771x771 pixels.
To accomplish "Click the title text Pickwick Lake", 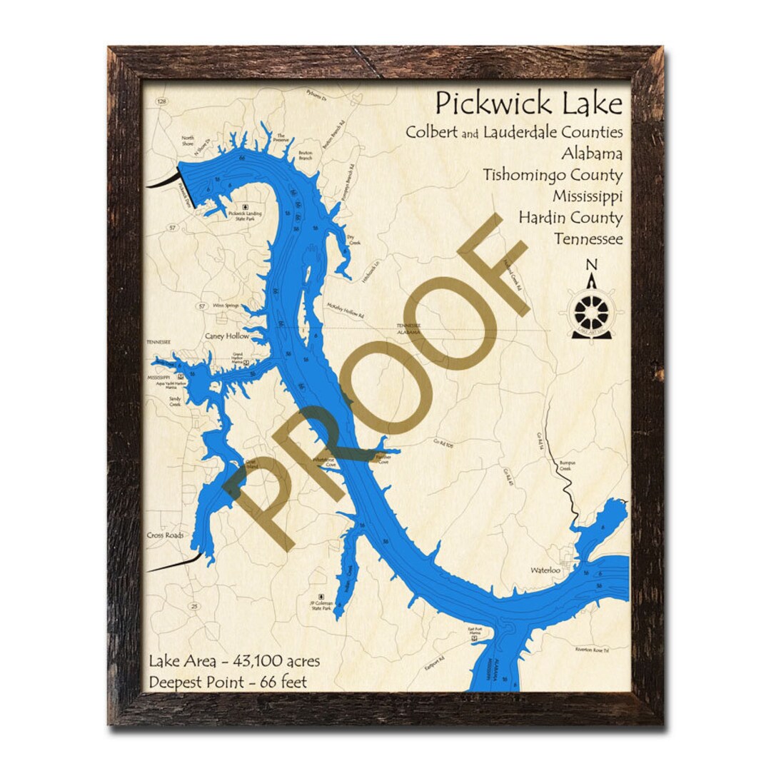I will click(x=529, y=104).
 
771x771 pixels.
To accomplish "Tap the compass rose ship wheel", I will click(x=593, y=312).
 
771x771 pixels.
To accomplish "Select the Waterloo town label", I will click(x=545, y=570).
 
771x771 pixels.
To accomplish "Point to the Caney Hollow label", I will click(x=227, y=336).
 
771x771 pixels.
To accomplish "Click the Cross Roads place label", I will click(x=165, y=535).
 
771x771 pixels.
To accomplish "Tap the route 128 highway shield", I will click(x=163, y=103).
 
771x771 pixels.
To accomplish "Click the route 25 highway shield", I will click(x=194, y=606).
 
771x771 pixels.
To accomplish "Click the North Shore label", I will click(x=188, y=141).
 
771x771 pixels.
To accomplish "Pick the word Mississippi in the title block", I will click(x=588, y=196).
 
